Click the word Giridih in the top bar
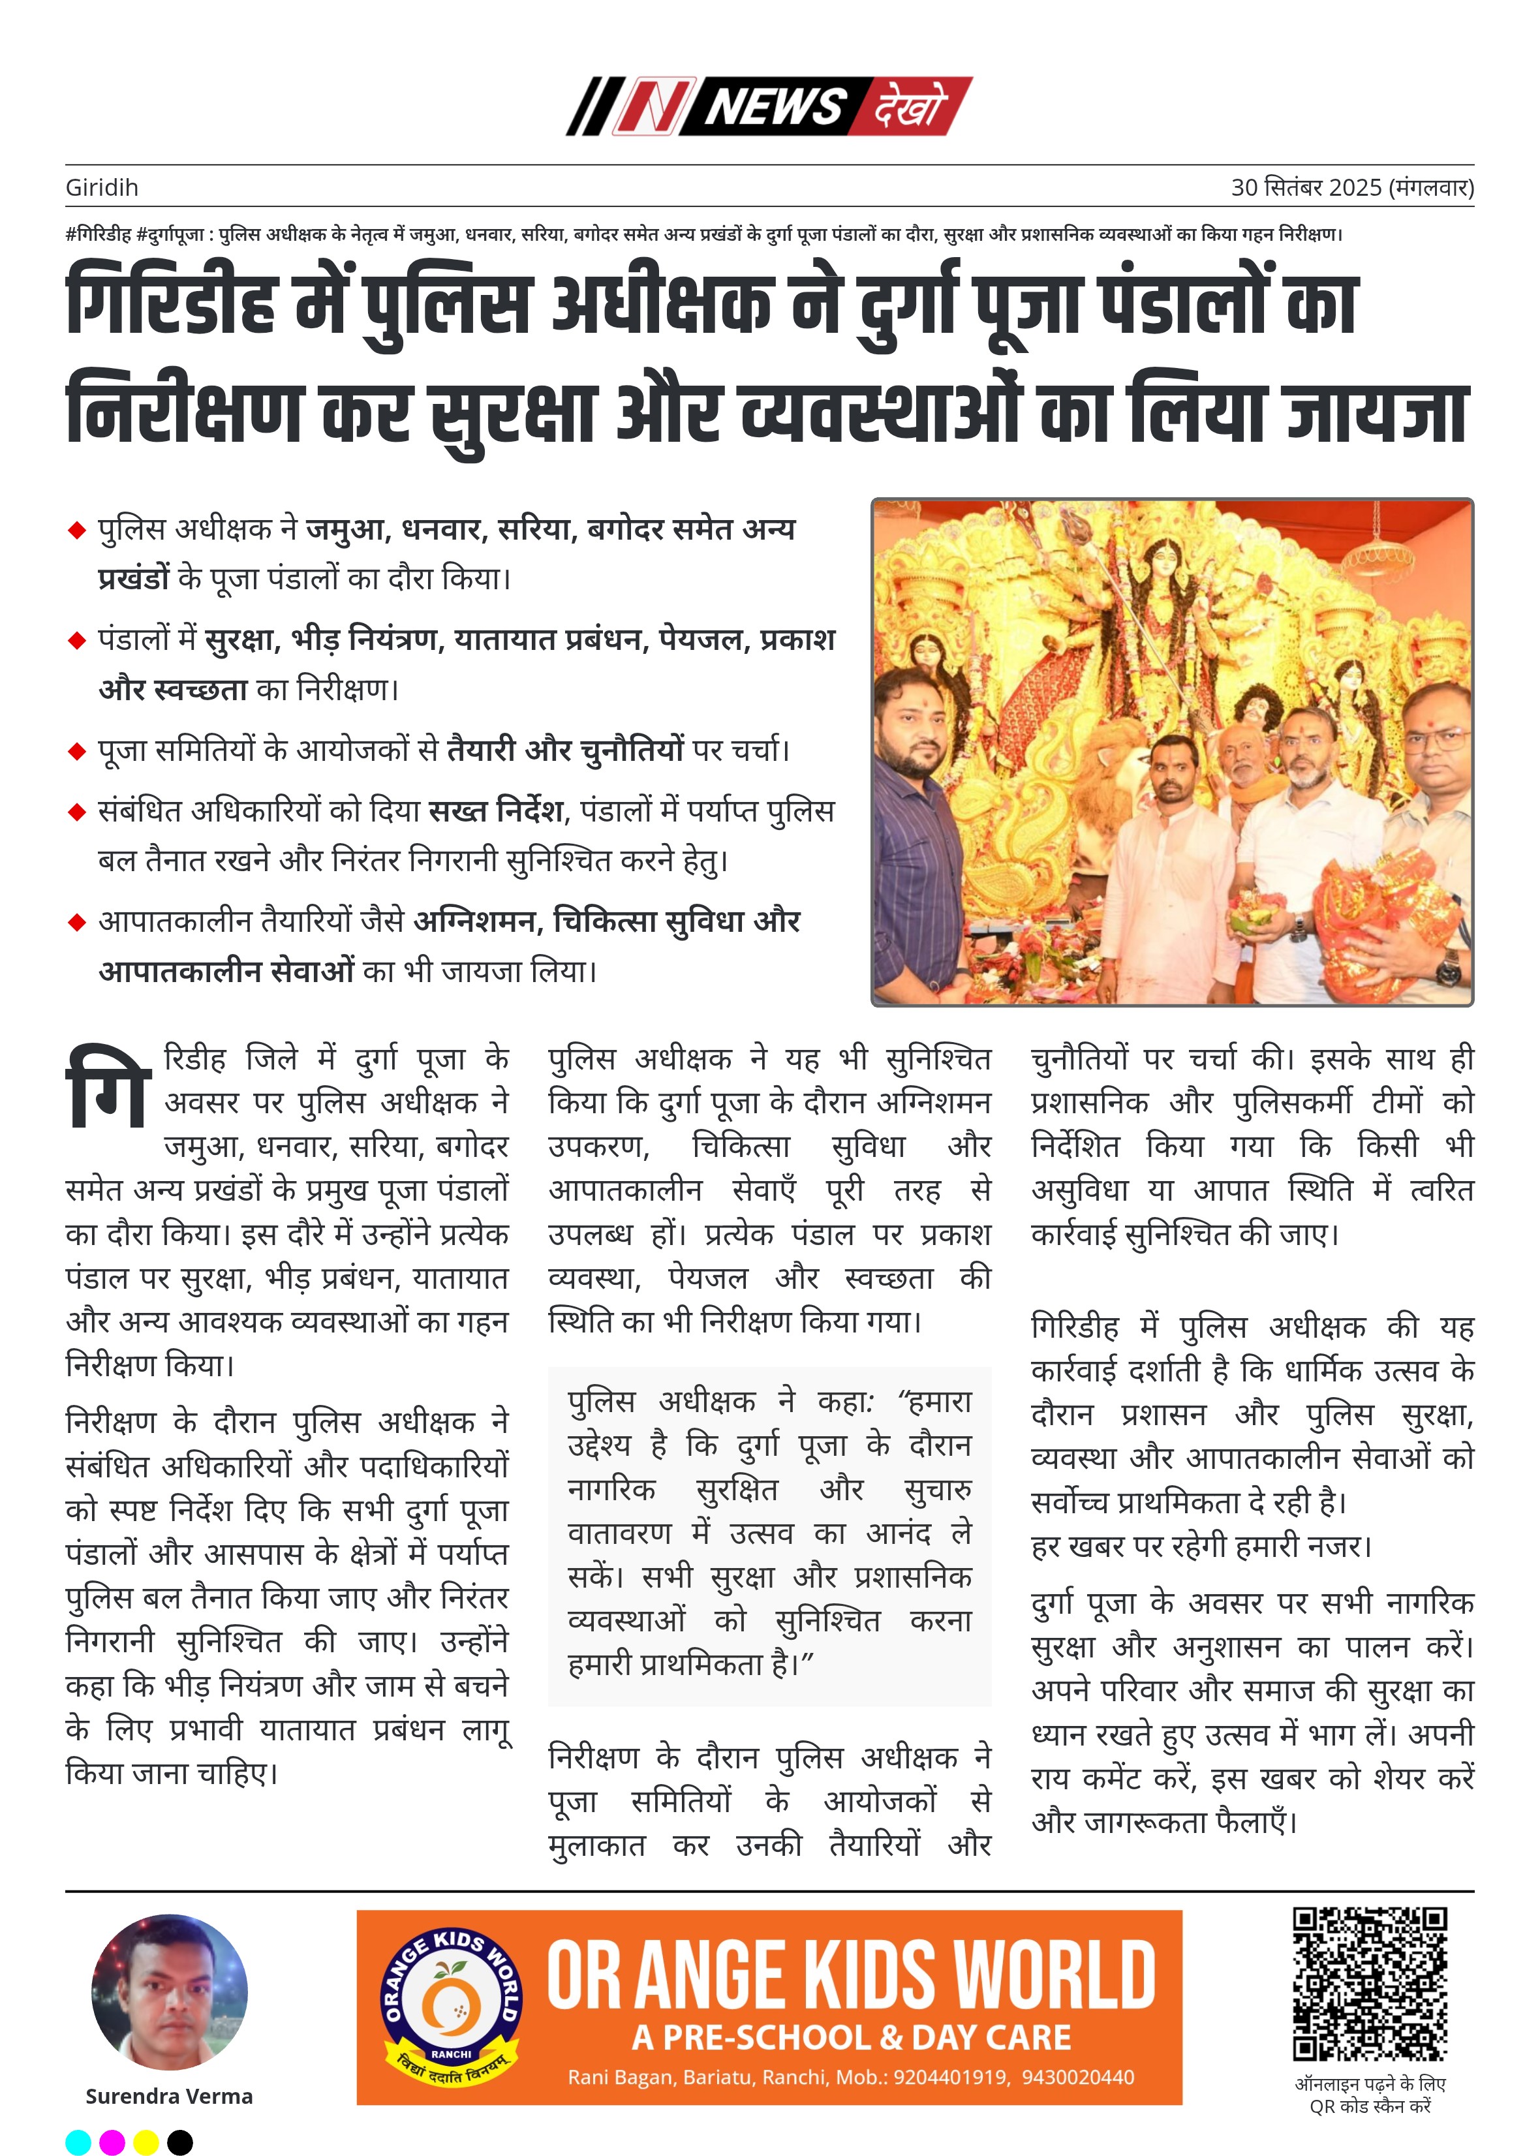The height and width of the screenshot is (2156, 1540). (x=101, y=188)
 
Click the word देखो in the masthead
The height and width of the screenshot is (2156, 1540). (x=908, y=106)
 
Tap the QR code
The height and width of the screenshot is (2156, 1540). (x=1370, y=1984)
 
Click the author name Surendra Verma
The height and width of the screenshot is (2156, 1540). (x=169, y=2095)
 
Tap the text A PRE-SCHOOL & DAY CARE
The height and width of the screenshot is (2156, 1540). (x=852, y=2037)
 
